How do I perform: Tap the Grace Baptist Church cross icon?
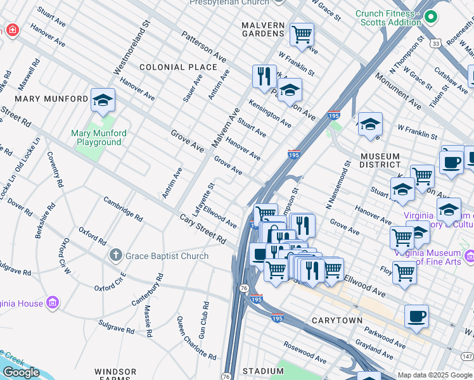(x=115, y=256)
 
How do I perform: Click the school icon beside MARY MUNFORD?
(x=103, y=100)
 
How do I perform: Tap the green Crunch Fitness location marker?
(x=431, y=17)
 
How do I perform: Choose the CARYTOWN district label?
(x=337, y=320)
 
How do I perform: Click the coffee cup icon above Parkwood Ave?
(x=416, y=316)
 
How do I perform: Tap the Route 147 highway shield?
(x=466, y=357)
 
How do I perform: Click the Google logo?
(x=21, y=372)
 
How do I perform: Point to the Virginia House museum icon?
(x=53, y=303)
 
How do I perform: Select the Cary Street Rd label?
(x=203, y=229)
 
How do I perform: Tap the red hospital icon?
(x=11, y=30)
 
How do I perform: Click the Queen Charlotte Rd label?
(x=188, y=336)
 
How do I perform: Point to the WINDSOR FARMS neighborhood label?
(x=115, y=375)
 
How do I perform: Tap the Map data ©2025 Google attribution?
(x=435, y=375)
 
